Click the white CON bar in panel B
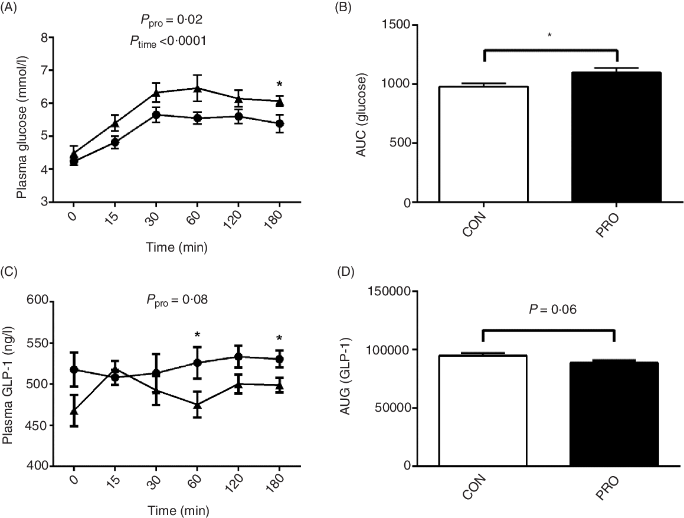click(x=483, y=144)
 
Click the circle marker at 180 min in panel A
click(x=280, y=123)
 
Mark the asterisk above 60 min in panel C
click(x=197, y=335)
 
